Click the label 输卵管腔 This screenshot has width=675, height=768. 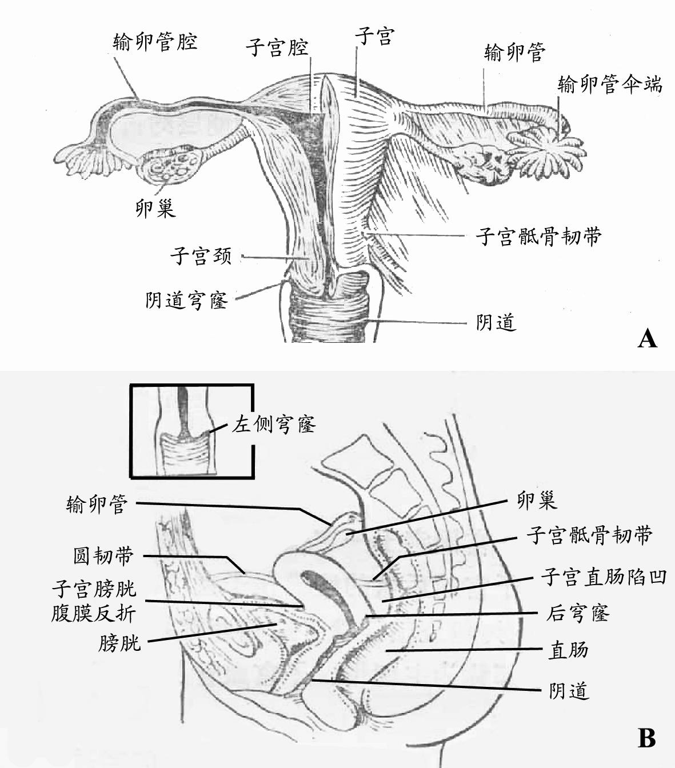pos(155,42)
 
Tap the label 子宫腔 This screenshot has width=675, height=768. pos(277,47)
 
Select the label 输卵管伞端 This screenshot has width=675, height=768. pos(610,85)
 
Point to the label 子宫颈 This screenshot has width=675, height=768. pos(201,255)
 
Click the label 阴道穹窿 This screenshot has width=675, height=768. pos(186,299)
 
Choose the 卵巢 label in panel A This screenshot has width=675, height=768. pos(155,209)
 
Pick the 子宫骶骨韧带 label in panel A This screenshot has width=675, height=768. pos(538,235)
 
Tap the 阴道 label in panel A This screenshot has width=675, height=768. pos(496,323)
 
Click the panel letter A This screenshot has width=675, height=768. pos(646,338)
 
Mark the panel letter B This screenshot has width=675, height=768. pos(646,738)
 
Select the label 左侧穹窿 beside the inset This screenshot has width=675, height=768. pos(274,424)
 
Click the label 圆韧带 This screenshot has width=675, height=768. pos(103,555)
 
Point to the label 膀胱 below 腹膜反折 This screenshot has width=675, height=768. pos(119,643)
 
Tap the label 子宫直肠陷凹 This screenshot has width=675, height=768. pos(604,577)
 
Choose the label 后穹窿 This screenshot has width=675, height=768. pos(578,613)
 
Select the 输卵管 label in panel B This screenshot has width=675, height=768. pos(97,505)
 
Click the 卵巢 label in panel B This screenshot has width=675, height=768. pos(536,501)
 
